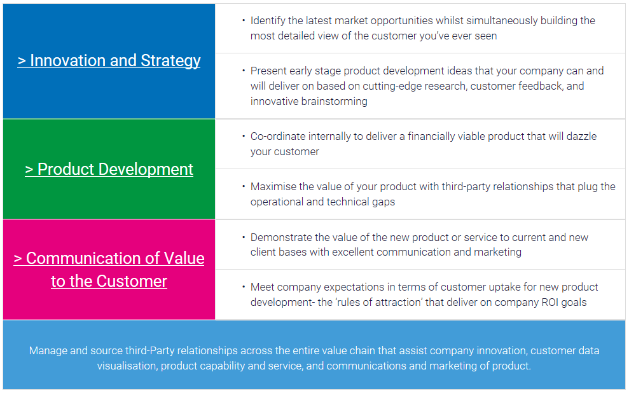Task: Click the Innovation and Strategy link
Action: (109, 61)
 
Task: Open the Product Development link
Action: (109, 170)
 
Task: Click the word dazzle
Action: (582, 136)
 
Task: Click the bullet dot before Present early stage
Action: (244, 71)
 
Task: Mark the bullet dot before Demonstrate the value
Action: (244, 237)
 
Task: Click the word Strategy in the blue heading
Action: (170, 61)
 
